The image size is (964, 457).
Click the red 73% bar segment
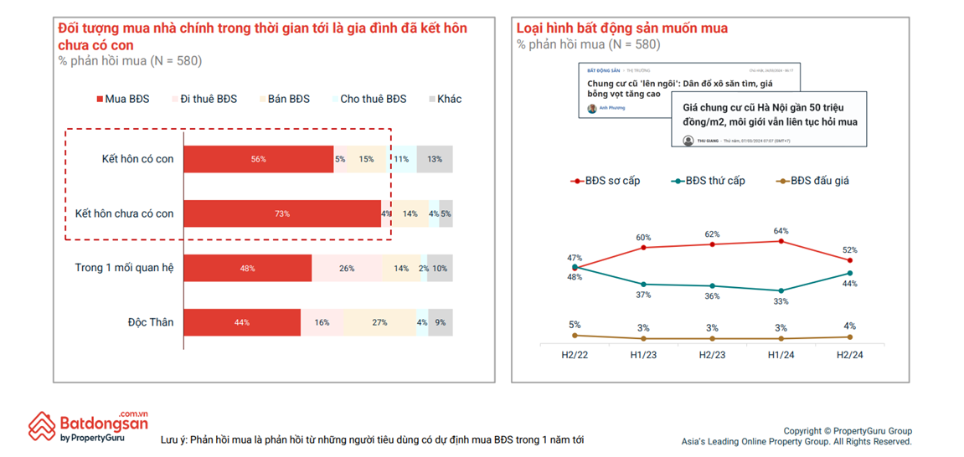(x=282, y=213)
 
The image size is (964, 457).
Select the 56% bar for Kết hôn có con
(x=258, y=159)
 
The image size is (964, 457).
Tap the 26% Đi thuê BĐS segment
(x=347, y=269)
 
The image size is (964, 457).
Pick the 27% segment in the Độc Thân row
(x=379, y=322)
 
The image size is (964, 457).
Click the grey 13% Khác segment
(x=435, y=159)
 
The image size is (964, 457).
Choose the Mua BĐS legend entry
(x=122, y=99)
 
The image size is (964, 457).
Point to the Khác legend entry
(x=444, y=99)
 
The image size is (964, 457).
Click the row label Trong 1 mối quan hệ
(x=124, y=268)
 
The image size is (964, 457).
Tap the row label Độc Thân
(x=151, y=322)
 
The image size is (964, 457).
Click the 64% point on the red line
(x=781, y=241)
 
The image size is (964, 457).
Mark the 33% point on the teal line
(x=781, y=290)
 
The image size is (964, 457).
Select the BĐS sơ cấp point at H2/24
(x=850, y=260)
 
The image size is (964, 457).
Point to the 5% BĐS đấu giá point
(x=575, y=335)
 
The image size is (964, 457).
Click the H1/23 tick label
(x=644, y=355)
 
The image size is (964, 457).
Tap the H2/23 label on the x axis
(x=713, y=355)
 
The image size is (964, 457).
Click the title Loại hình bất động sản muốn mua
(x=622, y=28)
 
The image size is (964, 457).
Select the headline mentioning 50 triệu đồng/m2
(x=770, y=115)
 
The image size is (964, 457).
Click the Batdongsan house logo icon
(x=42, y=426)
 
